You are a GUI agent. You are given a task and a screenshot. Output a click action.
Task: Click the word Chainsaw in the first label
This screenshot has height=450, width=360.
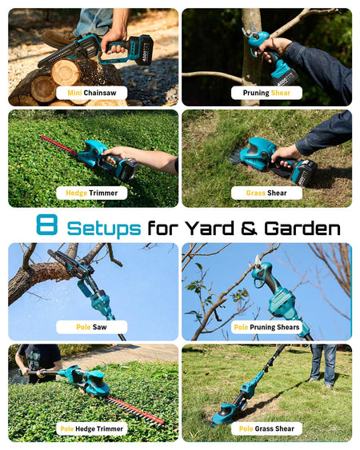coord(100,93)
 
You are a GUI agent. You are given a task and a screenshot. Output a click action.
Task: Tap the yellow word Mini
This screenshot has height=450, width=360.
coord(74,93)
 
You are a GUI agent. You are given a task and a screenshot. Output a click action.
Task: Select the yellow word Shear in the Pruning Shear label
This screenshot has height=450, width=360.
coord(281,93)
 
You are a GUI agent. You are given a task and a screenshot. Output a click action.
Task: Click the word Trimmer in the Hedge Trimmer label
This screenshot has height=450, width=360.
coord(103,193)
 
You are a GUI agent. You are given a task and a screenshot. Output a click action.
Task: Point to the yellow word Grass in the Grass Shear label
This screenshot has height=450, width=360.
coord(256,193)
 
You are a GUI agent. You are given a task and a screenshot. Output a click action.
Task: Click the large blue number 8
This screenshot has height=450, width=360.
coord(47,225)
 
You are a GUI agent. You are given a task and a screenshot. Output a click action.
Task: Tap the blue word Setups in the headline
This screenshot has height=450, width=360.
coord(104,229)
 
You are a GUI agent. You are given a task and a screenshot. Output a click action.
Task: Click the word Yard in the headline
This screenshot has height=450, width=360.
coord(209,228)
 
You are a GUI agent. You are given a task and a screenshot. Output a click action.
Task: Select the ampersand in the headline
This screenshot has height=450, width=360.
coord(249,228)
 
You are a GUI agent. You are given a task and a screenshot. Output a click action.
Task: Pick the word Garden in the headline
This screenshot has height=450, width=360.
coord(302,228)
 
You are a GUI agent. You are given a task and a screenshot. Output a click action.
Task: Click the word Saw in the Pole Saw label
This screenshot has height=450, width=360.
coord(99,327)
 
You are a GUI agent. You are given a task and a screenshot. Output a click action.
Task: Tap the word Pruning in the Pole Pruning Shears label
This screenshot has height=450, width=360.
coord(262,328)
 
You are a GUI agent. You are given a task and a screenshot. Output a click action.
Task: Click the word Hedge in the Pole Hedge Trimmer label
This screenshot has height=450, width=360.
coord(85,429)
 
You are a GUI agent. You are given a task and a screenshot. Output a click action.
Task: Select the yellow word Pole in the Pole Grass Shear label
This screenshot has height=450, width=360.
coord(246,428)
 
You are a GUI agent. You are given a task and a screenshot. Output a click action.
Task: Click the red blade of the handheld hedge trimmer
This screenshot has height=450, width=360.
coord(58,145)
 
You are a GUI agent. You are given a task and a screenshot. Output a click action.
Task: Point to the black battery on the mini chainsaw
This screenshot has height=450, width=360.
coord(141,51)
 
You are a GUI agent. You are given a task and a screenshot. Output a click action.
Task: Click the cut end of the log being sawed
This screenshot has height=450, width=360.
coord(66,72)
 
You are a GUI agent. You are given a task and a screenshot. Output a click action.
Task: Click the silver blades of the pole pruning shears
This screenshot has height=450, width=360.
coord(258,261)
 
